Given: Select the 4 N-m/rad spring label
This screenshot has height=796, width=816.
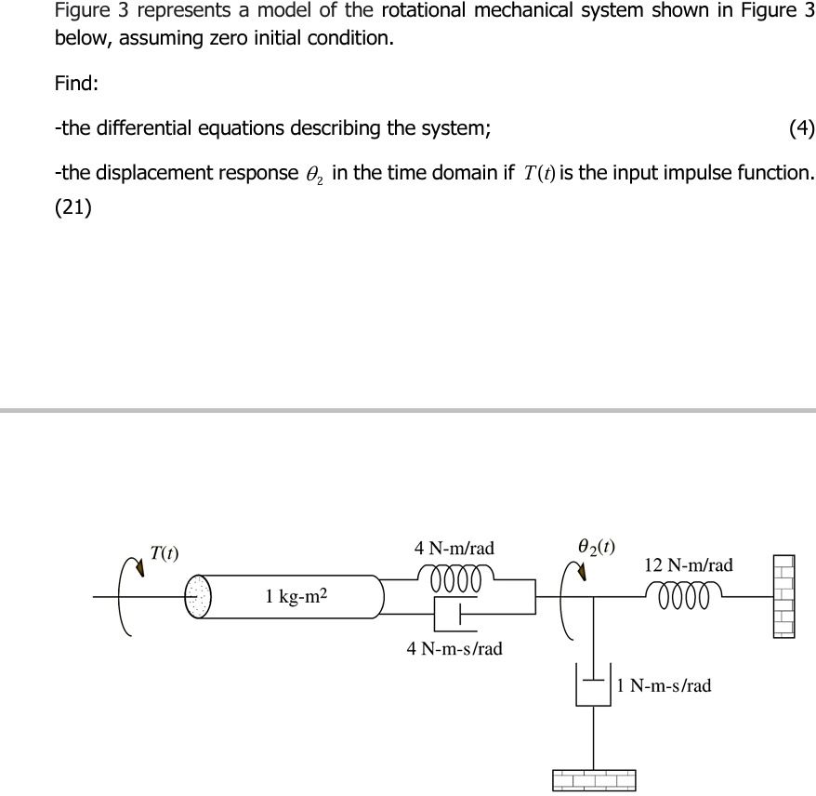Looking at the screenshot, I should click(454, 549).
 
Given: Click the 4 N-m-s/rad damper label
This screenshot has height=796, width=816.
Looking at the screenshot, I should click(454, 648).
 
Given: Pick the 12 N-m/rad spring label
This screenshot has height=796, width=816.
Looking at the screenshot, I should click(688, 565).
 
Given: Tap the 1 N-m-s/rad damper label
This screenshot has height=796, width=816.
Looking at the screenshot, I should click(665, 685).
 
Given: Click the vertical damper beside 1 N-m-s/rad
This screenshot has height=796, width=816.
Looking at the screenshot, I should click(592, 685).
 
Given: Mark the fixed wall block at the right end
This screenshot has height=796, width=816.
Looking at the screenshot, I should click(783, 596).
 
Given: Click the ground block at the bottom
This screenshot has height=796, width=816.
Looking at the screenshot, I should click(594, 778).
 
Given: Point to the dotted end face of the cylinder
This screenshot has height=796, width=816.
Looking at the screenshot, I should click(198, 595).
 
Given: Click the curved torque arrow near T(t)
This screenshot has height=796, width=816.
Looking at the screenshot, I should click(128, 595).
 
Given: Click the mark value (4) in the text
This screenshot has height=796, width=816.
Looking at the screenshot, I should click(800, 129).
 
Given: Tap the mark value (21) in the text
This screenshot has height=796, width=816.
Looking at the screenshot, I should click(73, 208).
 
